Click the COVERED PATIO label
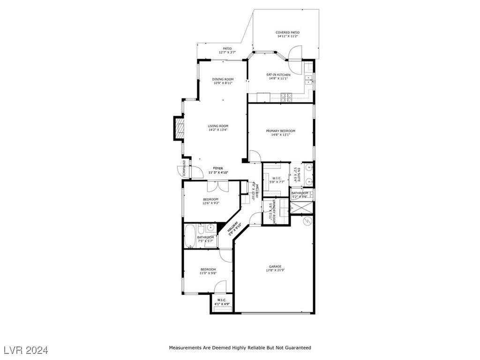(288, 33)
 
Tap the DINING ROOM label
(223, 79)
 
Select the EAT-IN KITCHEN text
(278, 75)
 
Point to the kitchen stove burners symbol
(286, 97)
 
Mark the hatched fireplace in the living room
(178, 128)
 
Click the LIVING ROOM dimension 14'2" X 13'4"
(218, 130)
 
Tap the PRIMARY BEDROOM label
(280, 131)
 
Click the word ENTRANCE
(184, 168)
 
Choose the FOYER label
(218, 168)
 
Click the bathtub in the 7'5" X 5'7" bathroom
(190, 237)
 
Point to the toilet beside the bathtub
(201, 229)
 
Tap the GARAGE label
(275, 267)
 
